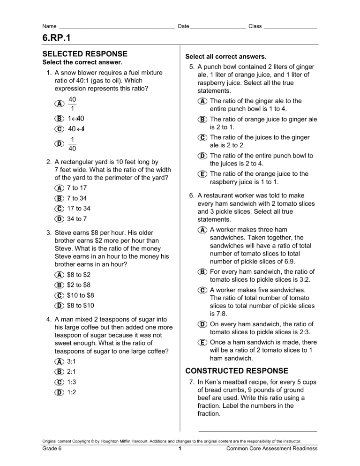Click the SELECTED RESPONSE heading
85,54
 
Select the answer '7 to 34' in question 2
77,198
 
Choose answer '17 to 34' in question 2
79,209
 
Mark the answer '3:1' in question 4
73,362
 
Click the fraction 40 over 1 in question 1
72,104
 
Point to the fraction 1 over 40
72,144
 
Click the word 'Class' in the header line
255,26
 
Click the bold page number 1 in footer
180,449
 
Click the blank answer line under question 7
257,430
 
